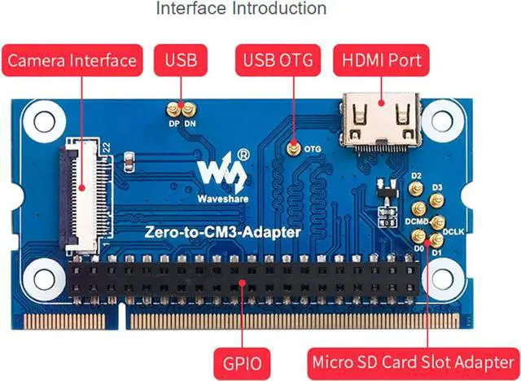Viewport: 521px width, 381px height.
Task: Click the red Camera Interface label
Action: (x=72, y=60)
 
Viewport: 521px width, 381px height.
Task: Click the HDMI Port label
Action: (x=382, y=60)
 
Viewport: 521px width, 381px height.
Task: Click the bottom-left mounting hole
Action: (x=37, y=278)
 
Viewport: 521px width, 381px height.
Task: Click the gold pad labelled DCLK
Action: (x=437, y=221)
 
